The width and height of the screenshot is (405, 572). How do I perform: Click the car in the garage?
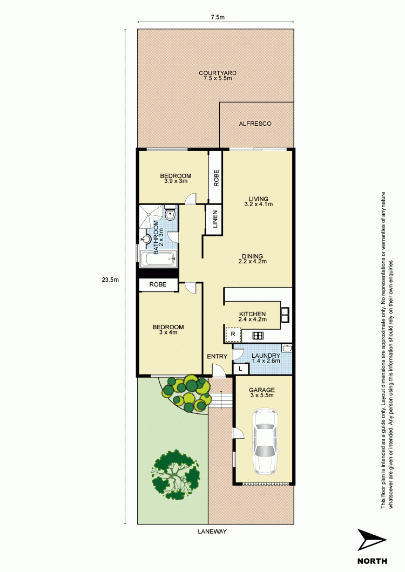pyautogui.click(x=265, y=441)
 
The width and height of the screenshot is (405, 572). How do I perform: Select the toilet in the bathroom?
pyautogui.click(x=171, y=215)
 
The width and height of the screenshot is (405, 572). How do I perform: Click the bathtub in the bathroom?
pyautogui.click(x=158, y=260)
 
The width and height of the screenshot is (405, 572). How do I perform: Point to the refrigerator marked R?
pyautogui.click(x=232, y=335)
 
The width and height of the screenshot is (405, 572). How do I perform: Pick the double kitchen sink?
pyautogui.click(x=286, y=312)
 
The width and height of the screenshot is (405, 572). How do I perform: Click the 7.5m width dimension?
pyautogui.click(x=218, y=17)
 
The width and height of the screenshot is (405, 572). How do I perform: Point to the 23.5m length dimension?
pyautogui.click(x=110, y=280)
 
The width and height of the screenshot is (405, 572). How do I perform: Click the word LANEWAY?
pyautogui.click(x=212, y=532)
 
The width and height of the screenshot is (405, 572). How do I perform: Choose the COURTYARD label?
pyautogui.click(x=218, y=73)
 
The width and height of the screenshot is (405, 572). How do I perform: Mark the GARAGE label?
pyautogui.click(x=262, y=390)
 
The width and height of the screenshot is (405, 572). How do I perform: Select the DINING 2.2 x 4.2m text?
pyautogui.click(x=253, y=258)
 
